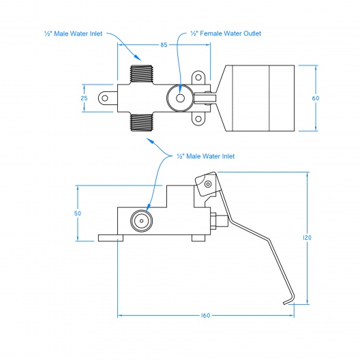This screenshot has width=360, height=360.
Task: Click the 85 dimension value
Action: (x=164, y=45)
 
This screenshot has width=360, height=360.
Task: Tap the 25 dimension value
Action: (x=84, y=98)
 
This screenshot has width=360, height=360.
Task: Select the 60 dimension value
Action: (x=316, y=98)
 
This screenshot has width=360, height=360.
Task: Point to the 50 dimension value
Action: (x=78, y=213)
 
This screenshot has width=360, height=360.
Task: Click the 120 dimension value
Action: (x=307, y=238)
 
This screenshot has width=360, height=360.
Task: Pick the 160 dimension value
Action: (x=205, y=316)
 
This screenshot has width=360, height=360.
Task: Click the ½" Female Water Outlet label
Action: (x=226, y=33)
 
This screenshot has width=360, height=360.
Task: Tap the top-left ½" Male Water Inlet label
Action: (x=73, y=34)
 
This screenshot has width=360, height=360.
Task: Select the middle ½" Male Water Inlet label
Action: (x=206, y=156)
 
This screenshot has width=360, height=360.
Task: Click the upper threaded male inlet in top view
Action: (x=141, y=75)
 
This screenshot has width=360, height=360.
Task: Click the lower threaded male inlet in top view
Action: (x=141, y=121)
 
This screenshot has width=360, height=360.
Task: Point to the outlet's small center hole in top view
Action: (x=180, y=98)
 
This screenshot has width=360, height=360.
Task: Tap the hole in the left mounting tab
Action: (x=105, y=98)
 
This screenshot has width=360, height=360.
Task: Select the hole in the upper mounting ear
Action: (x=198, y=77)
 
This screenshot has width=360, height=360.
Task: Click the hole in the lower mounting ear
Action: (x=198, y=119)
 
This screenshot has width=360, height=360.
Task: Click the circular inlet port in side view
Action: (x=141, y=221)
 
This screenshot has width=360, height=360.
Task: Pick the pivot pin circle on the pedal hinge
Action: (x=208, y=184)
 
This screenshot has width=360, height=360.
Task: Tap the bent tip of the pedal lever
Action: (x=286, y=303)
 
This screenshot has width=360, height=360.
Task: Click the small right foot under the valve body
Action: (x=198, y=238)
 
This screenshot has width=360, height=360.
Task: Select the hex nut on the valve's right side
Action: (x=213, y=221)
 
